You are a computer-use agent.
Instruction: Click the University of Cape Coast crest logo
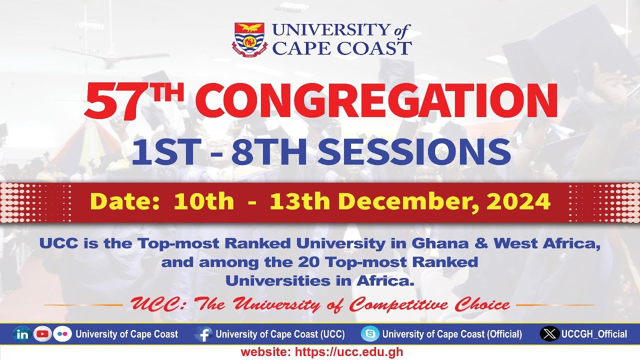click(x=249, y=39)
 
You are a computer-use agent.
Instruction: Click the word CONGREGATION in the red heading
click(x=379, y=100)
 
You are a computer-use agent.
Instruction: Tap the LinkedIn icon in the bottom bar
click(x=22, y=334)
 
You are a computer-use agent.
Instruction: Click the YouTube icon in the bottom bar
click(x=43, y=334)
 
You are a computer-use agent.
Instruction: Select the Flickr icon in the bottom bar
click(x=62, y=334)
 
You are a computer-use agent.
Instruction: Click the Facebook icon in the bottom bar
click(x=203, y=334)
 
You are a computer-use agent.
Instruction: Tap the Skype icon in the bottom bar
click(x=370, y=334)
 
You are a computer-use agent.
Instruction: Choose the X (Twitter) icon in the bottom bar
click(x=549, y=334)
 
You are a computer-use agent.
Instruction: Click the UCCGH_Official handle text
click(x=594, y=334)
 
